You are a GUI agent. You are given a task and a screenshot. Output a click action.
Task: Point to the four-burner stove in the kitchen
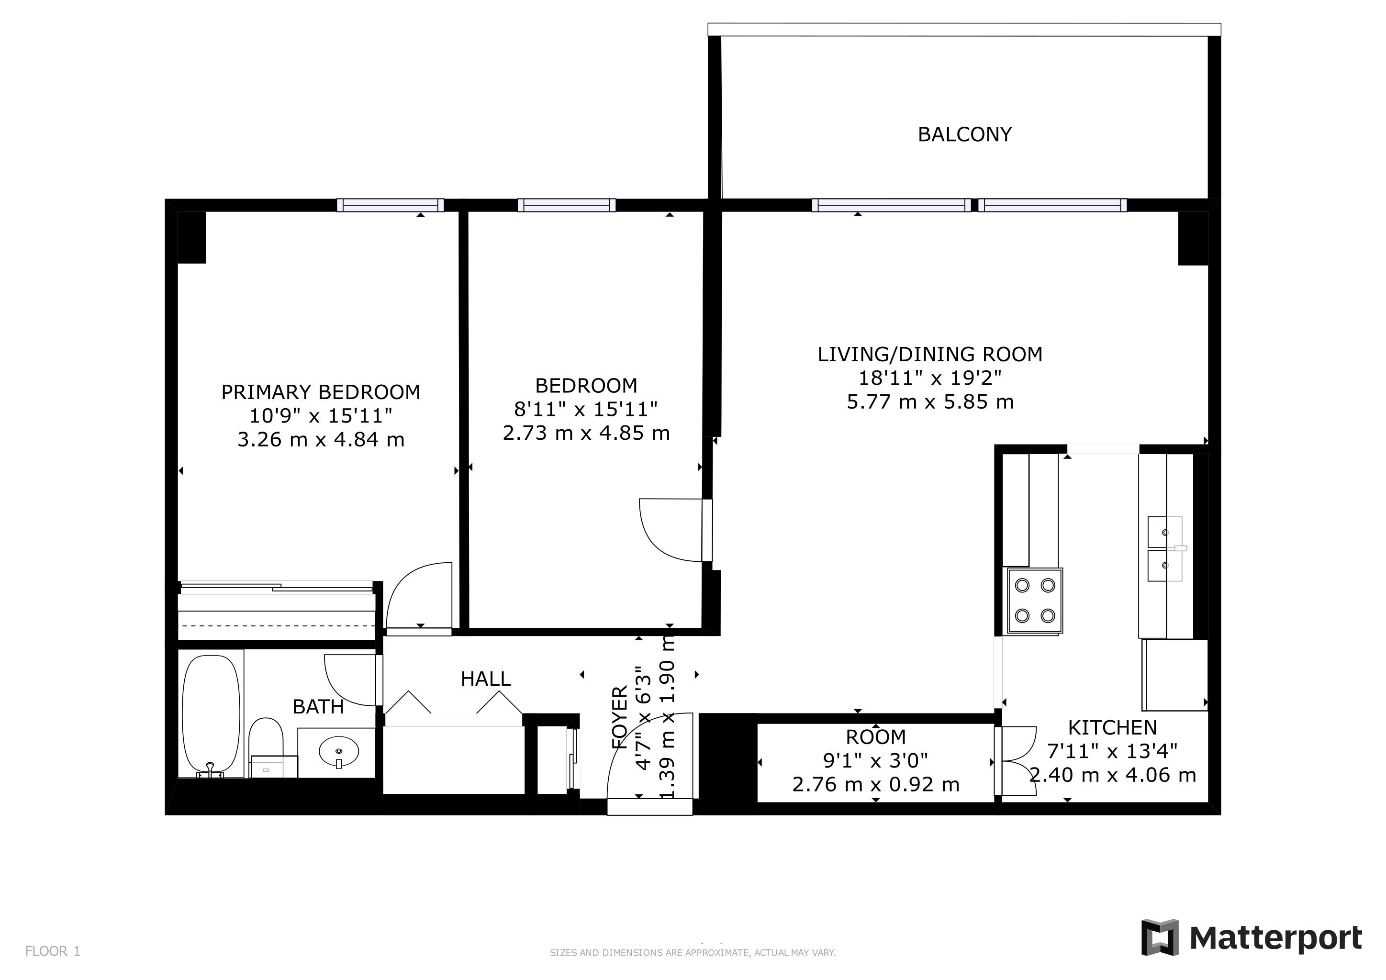pos(1033,601)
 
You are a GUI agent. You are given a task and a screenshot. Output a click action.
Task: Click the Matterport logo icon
pos(1160,937)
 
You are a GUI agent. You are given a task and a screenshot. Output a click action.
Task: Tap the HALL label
pos(486,679)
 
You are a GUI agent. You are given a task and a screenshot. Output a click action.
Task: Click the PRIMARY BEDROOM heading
pos(321,392)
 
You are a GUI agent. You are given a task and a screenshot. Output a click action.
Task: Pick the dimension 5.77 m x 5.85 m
pos(930,402)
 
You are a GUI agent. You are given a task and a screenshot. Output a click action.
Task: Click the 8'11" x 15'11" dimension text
pos(585,409)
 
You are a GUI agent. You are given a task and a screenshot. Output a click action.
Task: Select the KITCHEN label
pos(1113,728)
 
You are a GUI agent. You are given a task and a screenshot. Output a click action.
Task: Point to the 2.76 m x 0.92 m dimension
pos(876,784)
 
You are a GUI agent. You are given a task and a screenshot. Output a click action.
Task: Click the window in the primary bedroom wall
pos(391,205)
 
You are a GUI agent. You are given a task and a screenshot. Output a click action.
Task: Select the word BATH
pos(318,707)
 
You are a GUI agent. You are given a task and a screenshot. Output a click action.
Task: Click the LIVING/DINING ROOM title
pos(930,354)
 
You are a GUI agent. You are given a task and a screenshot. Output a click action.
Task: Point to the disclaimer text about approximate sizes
pos(693,953)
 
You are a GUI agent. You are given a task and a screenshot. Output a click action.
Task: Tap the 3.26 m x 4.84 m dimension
pos(321,439)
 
